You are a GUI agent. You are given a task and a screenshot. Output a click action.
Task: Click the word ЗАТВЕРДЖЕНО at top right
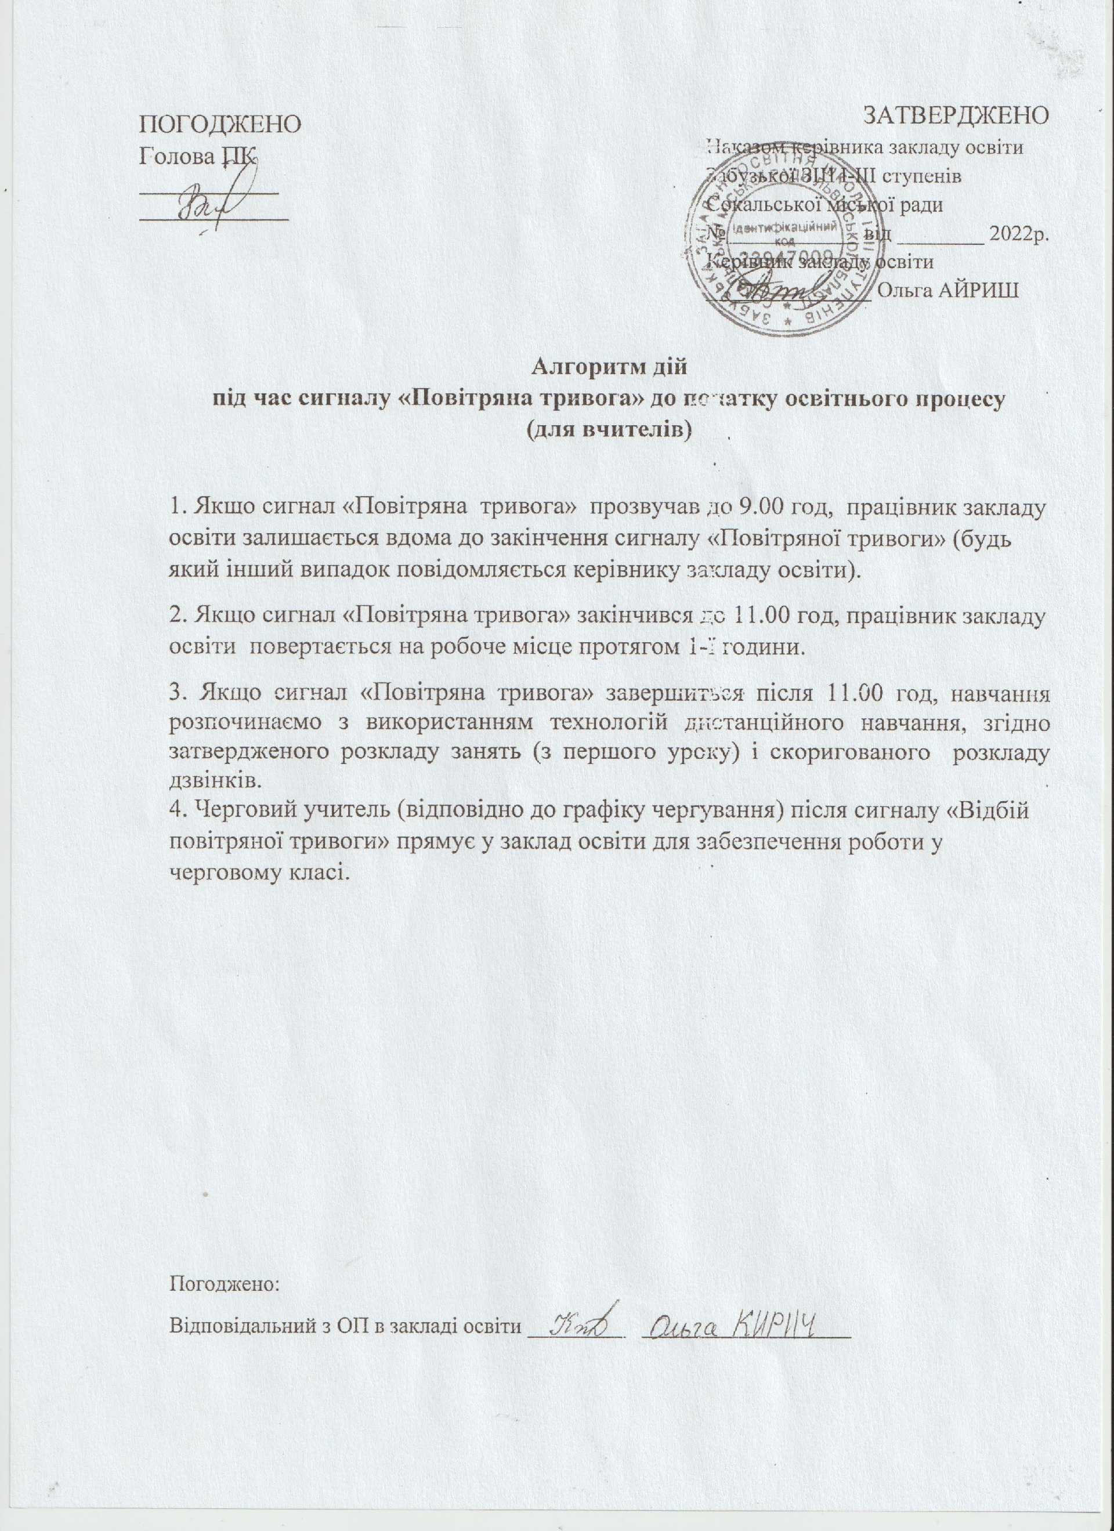(956, 115)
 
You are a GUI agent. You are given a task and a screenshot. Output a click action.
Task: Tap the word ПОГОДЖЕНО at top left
(220, 125)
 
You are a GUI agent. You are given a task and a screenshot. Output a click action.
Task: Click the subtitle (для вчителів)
(610, 429)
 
